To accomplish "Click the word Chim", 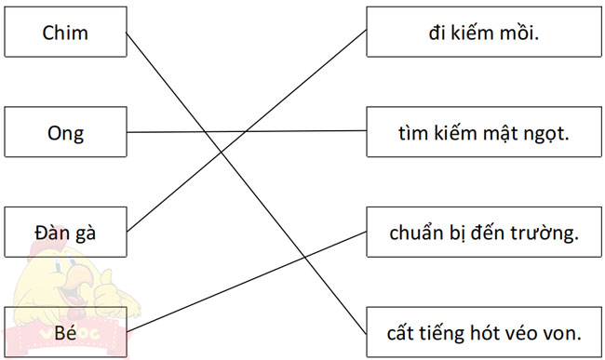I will point(65,33).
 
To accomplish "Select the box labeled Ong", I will point(65,133).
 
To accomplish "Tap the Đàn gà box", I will point(65,233).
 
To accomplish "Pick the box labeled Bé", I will point(65,332).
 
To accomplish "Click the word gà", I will point(86,233).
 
